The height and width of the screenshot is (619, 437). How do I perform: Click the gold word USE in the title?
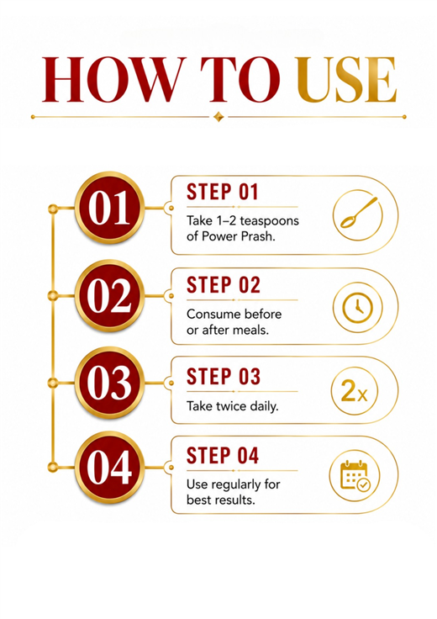click(346, 79)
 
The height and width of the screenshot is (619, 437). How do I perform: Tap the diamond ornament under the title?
click(218, 117)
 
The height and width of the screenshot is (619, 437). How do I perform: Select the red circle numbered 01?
click(109, 208)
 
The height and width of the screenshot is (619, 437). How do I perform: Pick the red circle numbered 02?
click(109, 296)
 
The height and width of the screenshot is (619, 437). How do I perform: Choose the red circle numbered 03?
click(109, 383)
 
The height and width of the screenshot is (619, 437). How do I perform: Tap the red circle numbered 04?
click(109, 468)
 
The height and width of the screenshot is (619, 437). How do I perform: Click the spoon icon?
click(357, 215)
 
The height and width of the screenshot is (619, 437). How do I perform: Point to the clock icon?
click(357, 307)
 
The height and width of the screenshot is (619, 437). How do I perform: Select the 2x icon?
click(354, 391)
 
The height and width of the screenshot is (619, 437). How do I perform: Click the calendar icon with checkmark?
click(355, 476)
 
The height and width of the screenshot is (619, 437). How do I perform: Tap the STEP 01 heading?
click(223, 193)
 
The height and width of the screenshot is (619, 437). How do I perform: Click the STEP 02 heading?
click(224, 285)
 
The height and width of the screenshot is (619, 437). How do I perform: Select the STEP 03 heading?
click(224, 377)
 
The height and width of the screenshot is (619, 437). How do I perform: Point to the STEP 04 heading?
click(223, 456)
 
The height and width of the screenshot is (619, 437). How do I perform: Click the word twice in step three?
click(231, 406)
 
